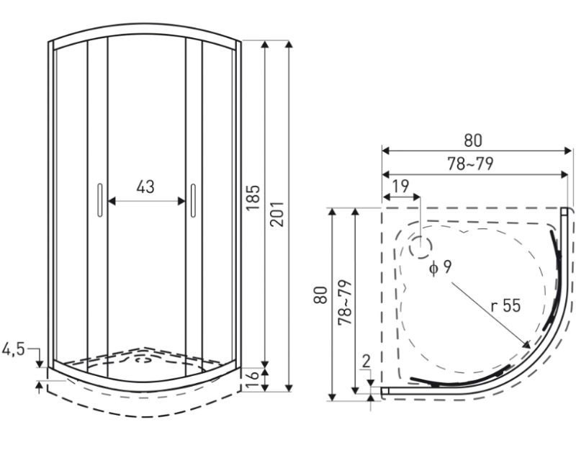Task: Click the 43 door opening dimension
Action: [x=145, y=187]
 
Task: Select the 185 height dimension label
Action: [x=253, y=197]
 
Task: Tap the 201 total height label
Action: [x=277, y=214]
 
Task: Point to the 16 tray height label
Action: [x=252, y=380]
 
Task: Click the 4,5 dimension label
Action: [x=13, y=349]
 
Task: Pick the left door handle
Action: [x=100, y=200]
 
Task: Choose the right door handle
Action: [x=193, y=200]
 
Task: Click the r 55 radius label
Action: [x=506, y=305]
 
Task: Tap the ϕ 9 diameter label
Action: [x=440, y=267]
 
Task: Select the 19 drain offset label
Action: [x=400, y=186]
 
